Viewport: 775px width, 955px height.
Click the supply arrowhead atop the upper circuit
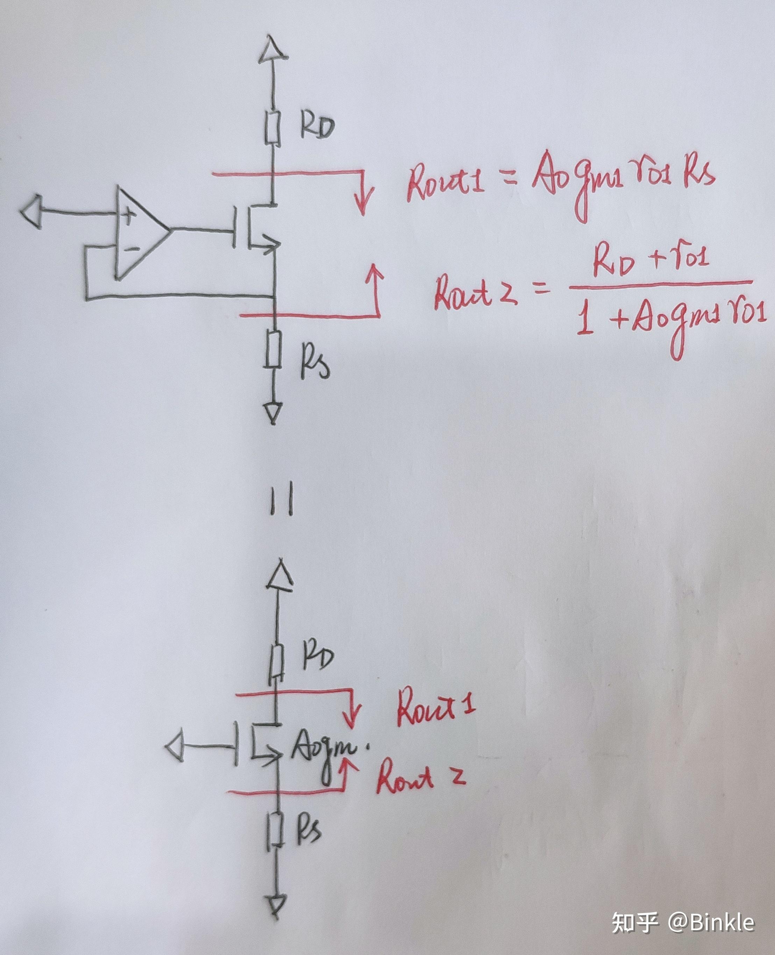pyautogui.click(x=273, y=48)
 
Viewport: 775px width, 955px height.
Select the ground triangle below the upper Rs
pyautogui.click(x=273, y=412)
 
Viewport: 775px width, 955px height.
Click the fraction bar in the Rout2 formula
pyautogui.click(x=661, y=284)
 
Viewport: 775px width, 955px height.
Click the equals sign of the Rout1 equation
pyautogui.click(x=509, y=180)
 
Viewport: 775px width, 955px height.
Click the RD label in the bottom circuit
pyautogui.click(x=318, y=656)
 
